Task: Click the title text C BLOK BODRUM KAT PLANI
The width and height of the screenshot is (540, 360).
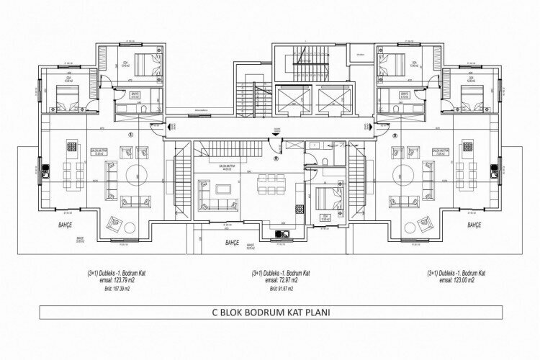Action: pos(270,314)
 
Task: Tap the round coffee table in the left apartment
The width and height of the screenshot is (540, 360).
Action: pos(135,174)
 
